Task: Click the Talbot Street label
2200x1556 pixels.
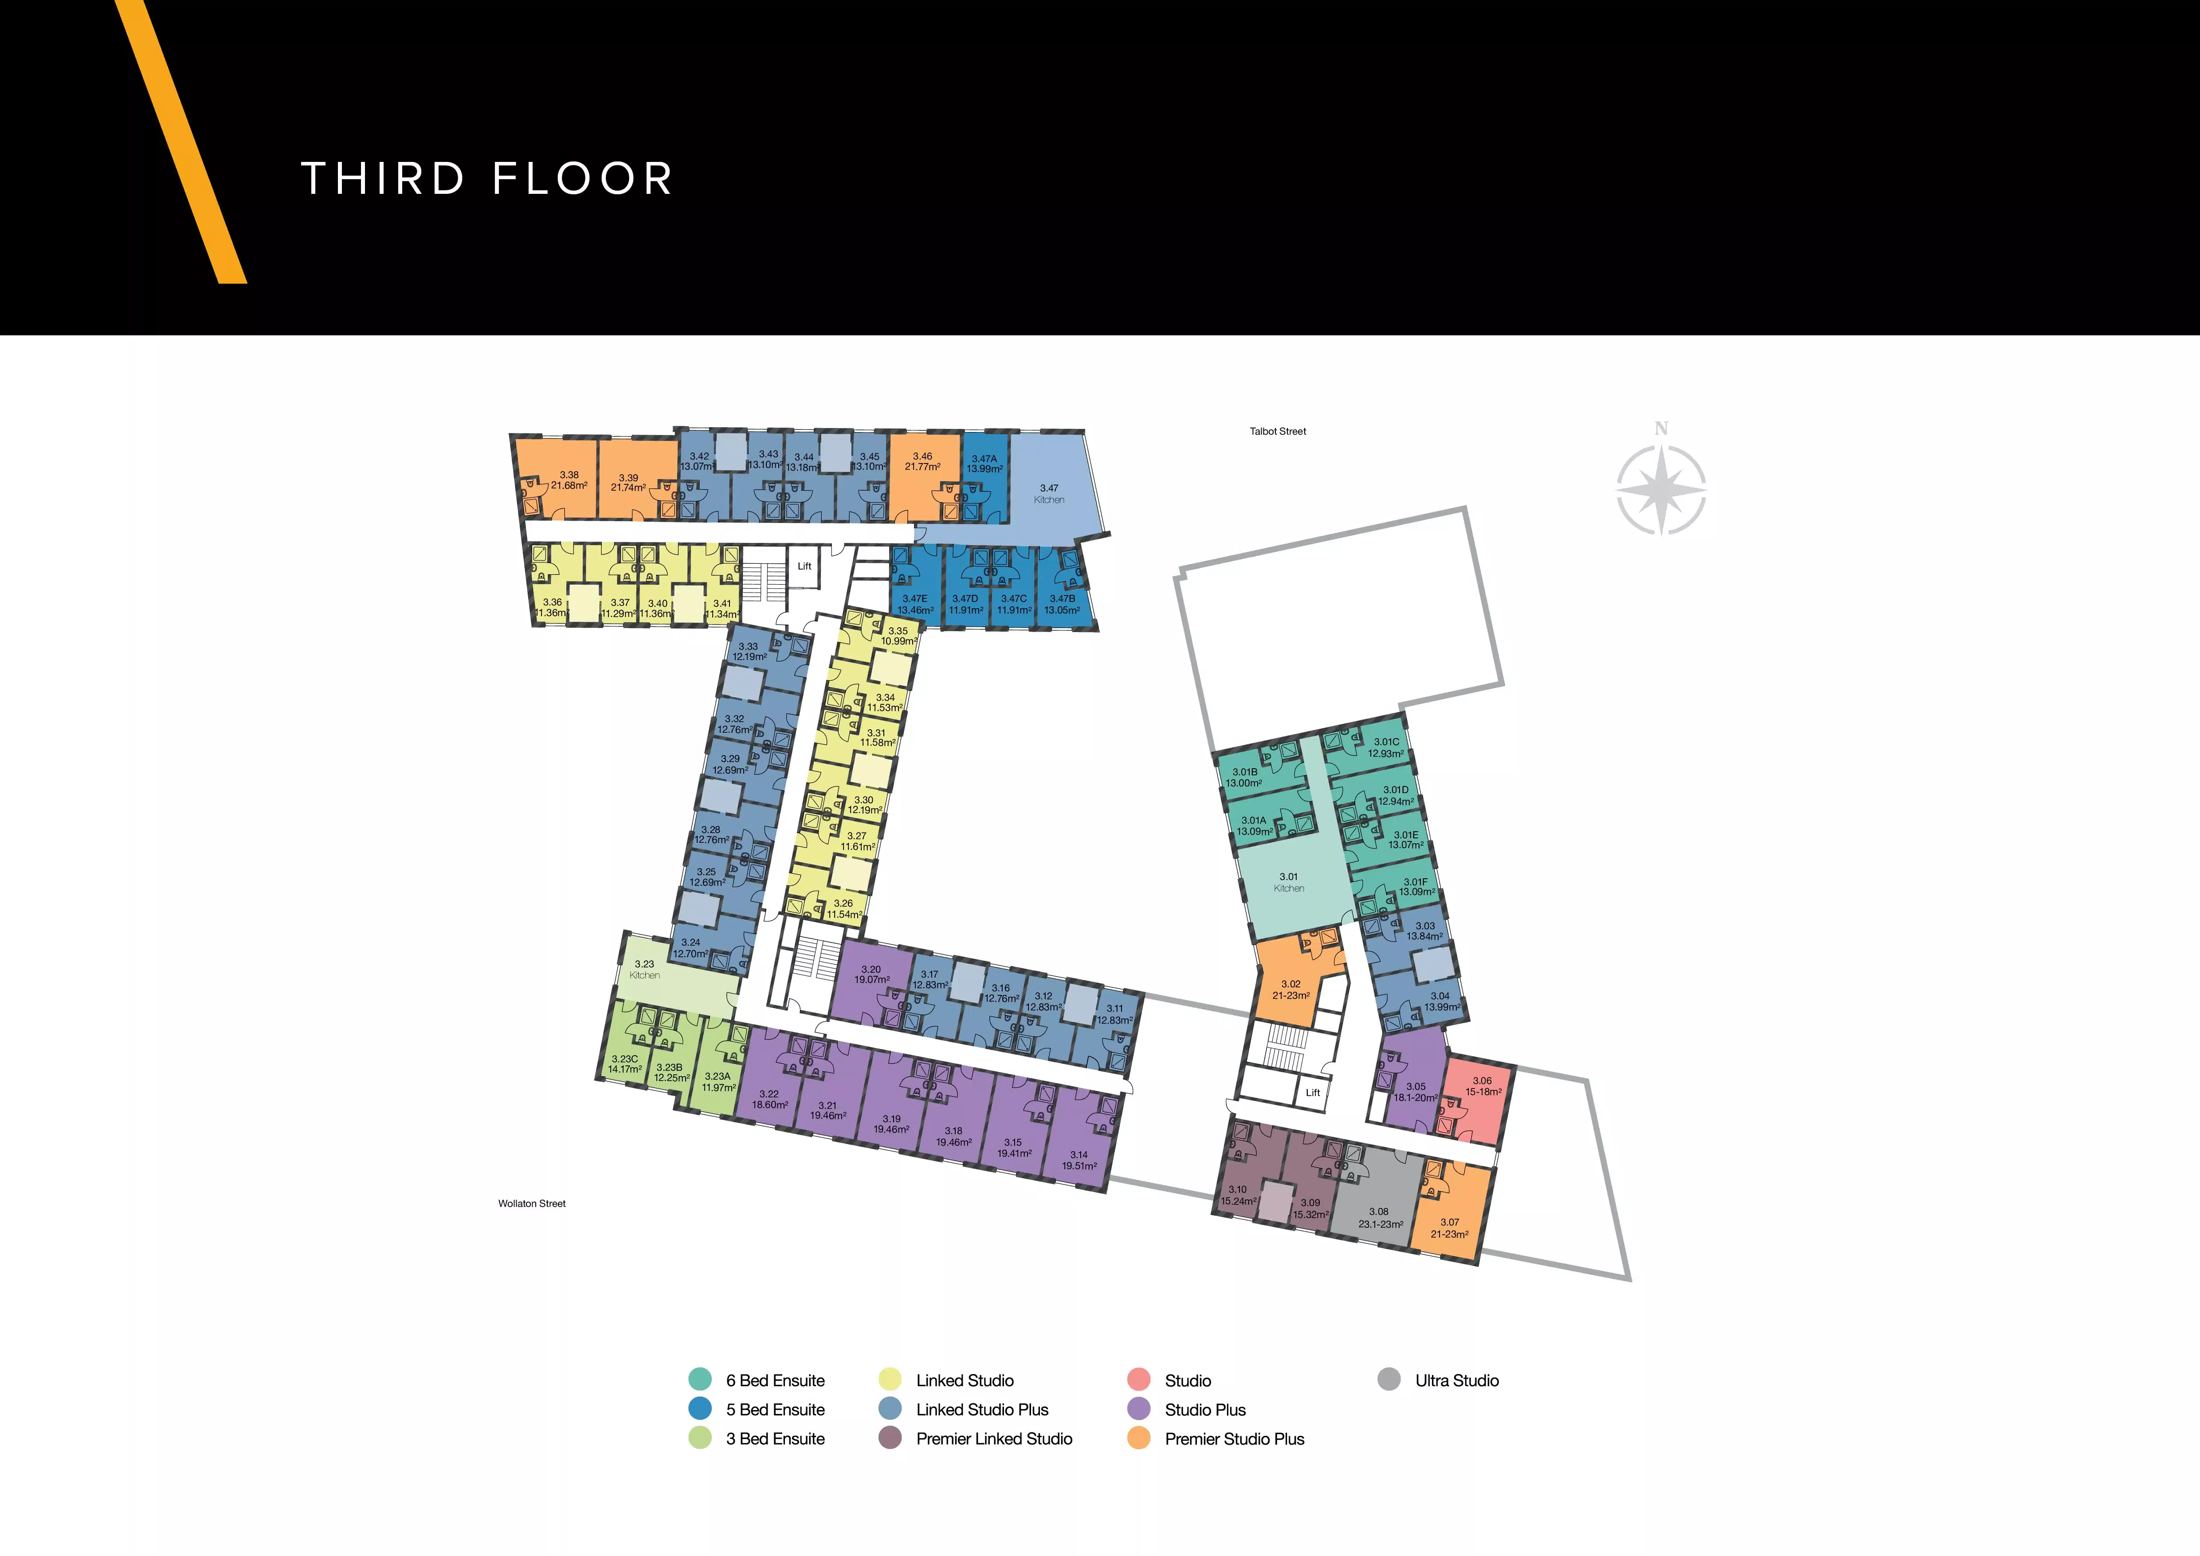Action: (1277, 431)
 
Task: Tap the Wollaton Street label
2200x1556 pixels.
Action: (532, 1203)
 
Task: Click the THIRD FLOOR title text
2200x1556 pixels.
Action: (487, 179)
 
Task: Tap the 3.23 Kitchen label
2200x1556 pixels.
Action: (645, 970)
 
